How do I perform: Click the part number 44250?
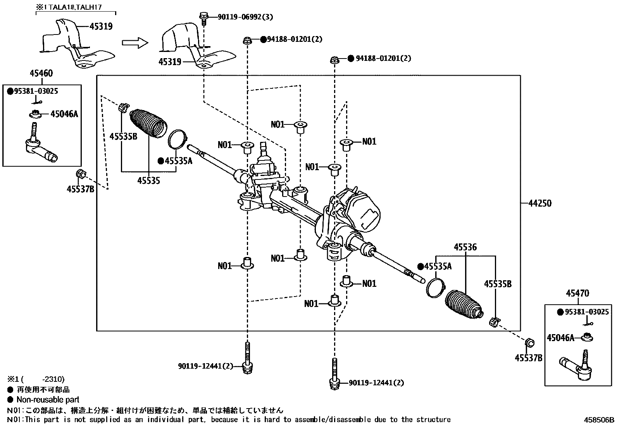pos(540,203)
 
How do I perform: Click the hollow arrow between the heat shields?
pos(135,43)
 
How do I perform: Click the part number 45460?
pos(41,73)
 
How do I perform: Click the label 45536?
pos(465,247)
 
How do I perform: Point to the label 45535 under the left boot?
pos(149,180)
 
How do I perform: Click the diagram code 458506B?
pos(600,419)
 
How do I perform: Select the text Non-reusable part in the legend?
pos(48,400)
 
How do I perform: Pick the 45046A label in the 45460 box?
pos(64,114)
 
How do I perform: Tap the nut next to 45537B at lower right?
pos(529,343)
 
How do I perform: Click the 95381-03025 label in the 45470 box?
pos(587,312)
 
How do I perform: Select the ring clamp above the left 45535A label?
pos(178,139)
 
